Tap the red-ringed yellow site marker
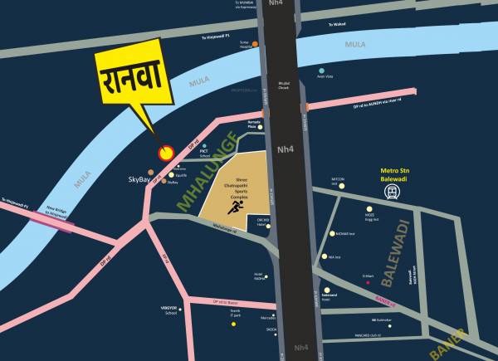[166, 153]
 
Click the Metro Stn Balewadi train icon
[391, 192]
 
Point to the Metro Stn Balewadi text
[391, 173]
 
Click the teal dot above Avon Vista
[325, 70]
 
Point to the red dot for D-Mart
[369, 283]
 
